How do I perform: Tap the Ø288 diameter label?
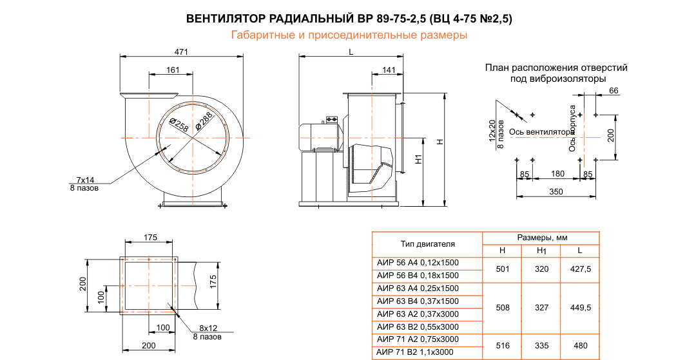point(204,120)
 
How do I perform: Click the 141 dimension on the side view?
point(389,70)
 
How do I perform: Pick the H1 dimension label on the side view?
point(418,158)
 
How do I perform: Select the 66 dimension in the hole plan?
point(614,91)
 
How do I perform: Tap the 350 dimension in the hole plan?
point(556,191)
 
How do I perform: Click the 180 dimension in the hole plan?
point(558,173)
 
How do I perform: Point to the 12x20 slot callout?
point(492,131)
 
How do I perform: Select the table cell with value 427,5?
point(580,269)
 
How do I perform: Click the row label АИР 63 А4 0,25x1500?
point(418,288)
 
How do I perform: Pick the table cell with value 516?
point(503,346)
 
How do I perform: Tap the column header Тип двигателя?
point(428,243)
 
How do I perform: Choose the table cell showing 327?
point(541,307)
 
